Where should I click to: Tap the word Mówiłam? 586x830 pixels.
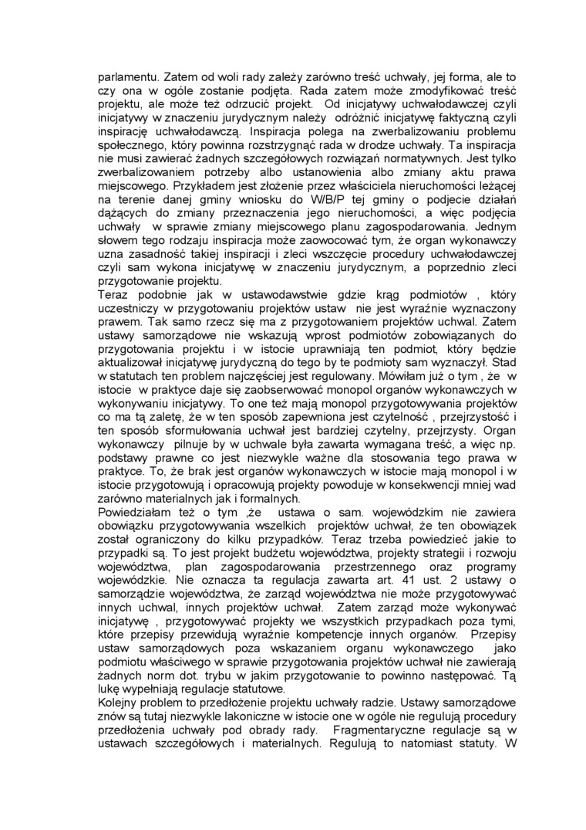[402, 376]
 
